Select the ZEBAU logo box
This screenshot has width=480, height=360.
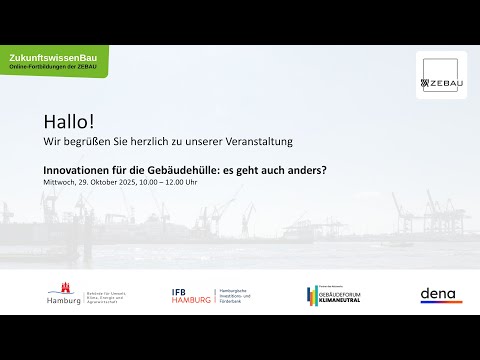click(x=441, y=76)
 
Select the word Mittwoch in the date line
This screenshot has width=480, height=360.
click(x=59, y=182)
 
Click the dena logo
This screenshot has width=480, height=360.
click(x=440, y=294)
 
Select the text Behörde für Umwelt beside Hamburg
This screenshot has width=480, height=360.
click(x=103, y=289)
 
